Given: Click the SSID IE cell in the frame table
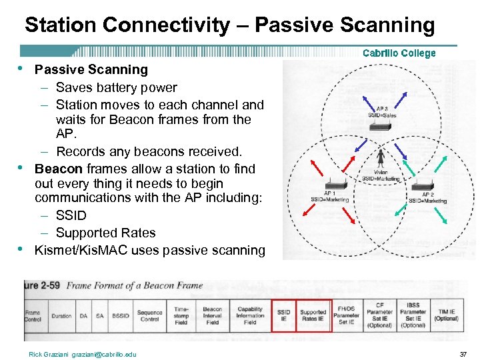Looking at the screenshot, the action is [283, 315].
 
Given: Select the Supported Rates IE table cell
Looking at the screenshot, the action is [313, 315].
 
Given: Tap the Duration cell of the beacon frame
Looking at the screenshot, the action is [61, 316].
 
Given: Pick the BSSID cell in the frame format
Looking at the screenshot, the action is [121, 316].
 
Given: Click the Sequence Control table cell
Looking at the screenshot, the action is [150, 315].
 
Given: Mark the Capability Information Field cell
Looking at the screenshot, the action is [250, 315].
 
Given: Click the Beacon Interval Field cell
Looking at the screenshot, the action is [213, 315].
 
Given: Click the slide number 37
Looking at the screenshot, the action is [463, 354].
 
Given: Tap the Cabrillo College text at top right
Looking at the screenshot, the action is [399, 53].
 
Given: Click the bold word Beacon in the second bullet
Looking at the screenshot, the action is [59, 169].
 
